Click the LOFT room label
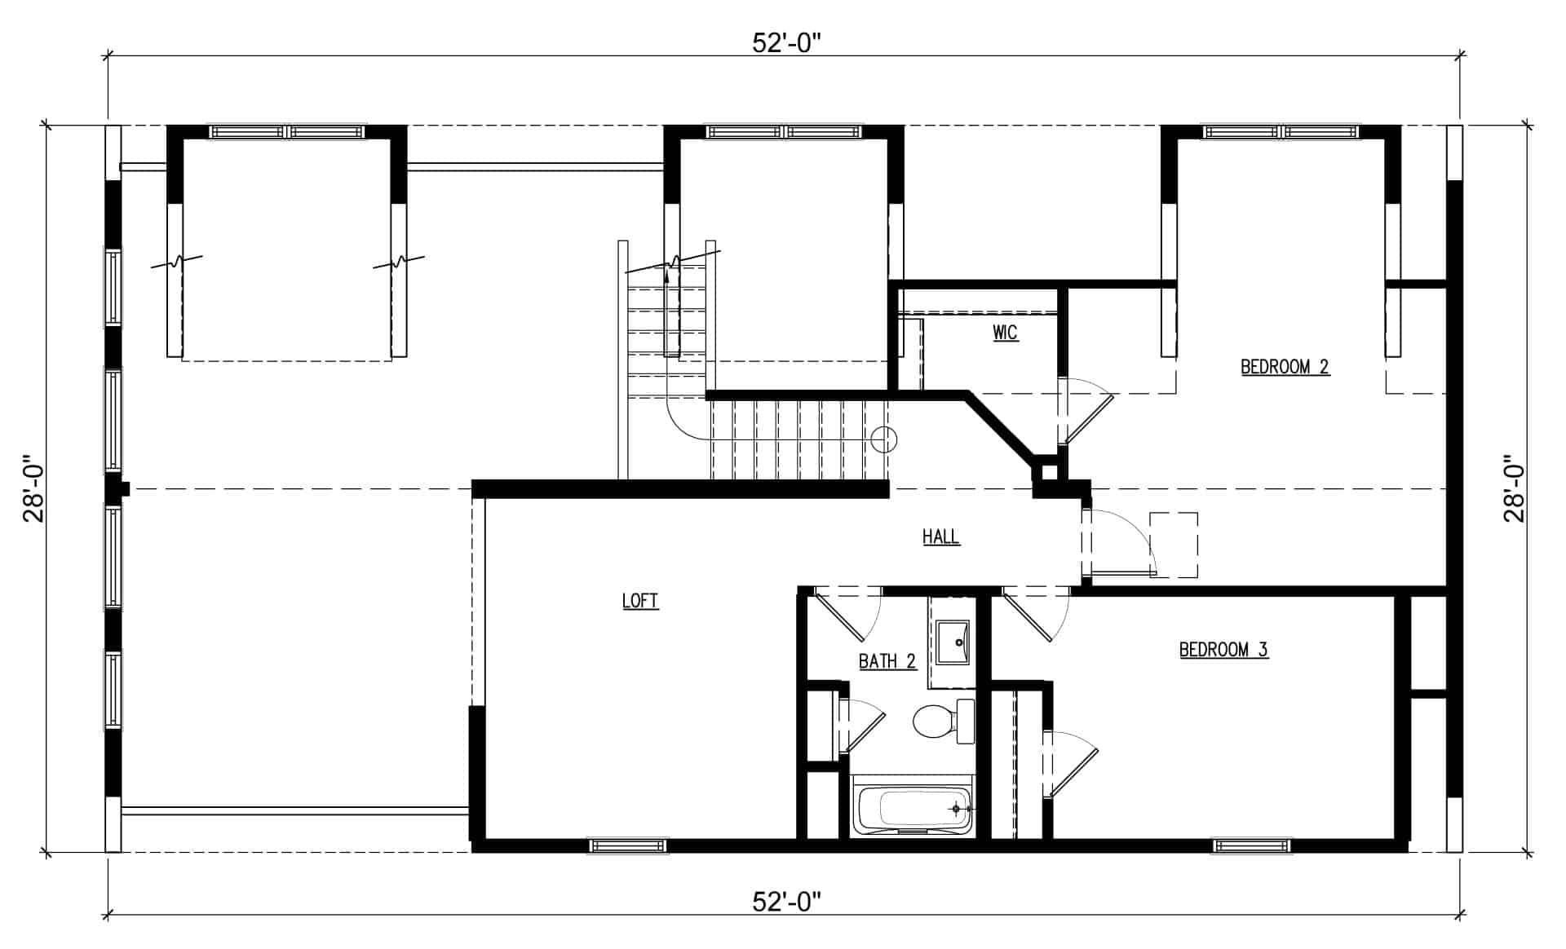[640, 601]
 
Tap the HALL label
[941, 536]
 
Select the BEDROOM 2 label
[1285, 367]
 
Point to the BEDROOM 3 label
[1223, 650]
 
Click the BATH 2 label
[887, 661]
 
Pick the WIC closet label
[1006, 333]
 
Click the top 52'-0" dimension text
[785, 43]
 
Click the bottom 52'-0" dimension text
[785, 902]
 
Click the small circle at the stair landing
[883, 440]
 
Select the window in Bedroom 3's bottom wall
[1252, 846]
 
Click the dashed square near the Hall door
[1174, 545]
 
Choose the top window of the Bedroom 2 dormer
[1281, 131]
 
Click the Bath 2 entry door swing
[848, 616]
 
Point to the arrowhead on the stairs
[667, 276]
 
